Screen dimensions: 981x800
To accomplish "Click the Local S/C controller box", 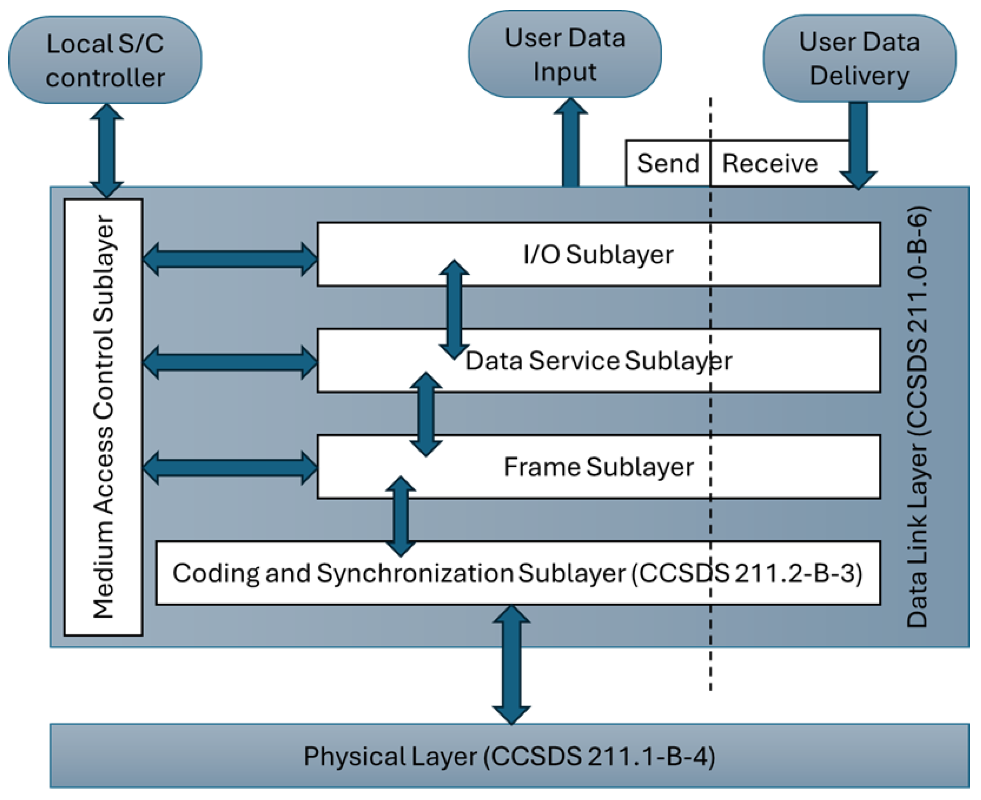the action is pos(105,60).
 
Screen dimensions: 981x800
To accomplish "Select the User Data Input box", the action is pos(565,54).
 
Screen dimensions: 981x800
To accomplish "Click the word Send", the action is pos(668,163).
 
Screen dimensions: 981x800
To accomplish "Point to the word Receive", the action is pos(770,163).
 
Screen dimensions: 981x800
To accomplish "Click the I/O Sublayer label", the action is pos(598,254).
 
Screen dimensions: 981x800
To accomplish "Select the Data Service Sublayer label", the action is pos(598,360).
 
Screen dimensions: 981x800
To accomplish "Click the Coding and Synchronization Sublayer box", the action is pos(518,573).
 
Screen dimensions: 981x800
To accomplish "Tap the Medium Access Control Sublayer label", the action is pos(103,417).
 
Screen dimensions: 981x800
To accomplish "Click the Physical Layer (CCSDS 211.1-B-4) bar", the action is pos(509,756).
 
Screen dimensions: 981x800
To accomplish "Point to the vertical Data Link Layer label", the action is pos(917,417).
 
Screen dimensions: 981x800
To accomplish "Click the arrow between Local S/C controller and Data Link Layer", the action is pos(106,151).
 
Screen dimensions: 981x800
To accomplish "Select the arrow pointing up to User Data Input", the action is pos(571,142).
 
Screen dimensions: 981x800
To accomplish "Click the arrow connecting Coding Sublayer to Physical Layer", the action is pos(511,665).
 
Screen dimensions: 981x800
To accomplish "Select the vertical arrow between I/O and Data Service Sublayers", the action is pos(454,309).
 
